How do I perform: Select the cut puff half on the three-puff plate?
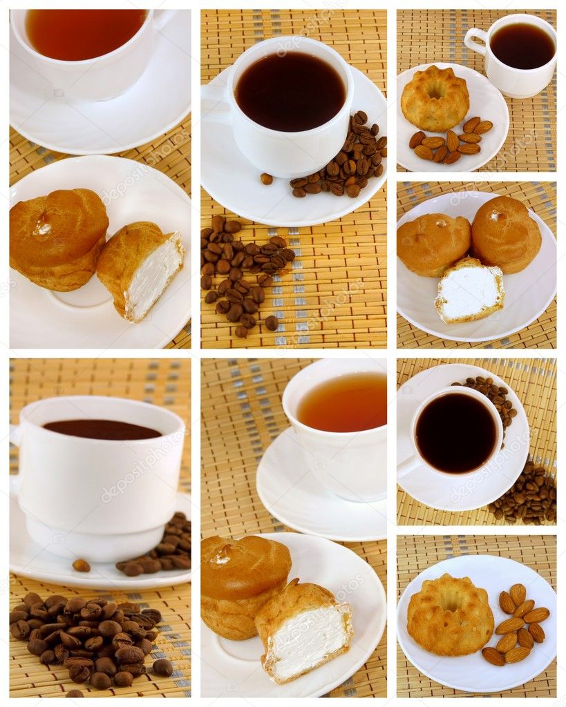469,291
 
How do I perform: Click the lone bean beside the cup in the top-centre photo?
266,179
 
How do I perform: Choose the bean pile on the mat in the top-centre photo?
243,276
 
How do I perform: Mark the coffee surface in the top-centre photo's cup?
290,92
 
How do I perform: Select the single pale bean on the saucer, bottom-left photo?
81,565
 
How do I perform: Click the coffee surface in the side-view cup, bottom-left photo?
102,429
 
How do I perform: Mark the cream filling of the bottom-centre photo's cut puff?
307,639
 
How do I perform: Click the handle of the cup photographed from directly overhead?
408,467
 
